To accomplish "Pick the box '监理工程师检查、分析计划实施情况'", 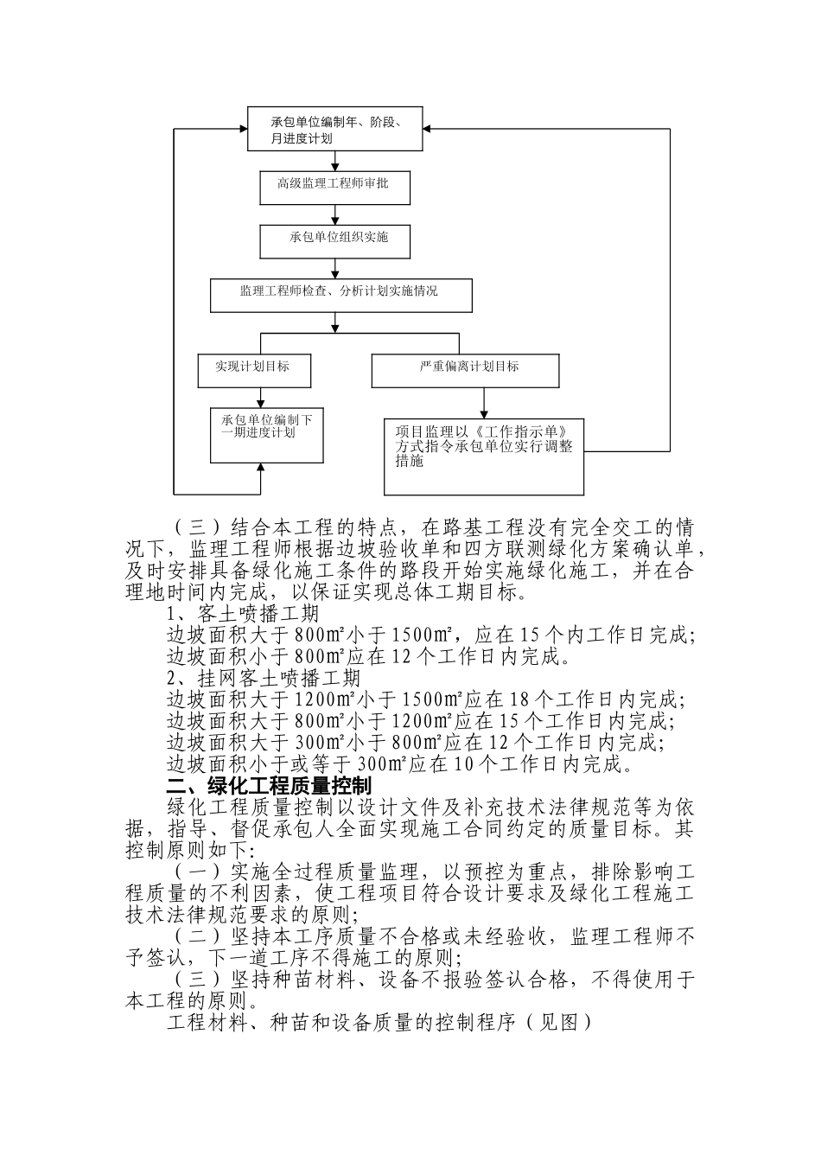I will tap(340, 295).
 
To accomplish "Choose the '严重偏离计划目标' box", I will tap(465, 370).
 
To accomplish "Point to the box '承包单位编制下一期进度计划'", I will tap(267, 435).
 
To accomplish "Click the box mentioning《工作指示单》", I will tap(484, 456).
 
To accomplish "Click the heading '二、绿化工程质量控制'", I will tap(269, 786).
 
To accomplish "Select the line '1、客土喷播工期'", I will tap(243, 613).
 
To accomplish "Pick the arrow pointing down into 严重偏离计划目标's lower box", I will tap(484, 412).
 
